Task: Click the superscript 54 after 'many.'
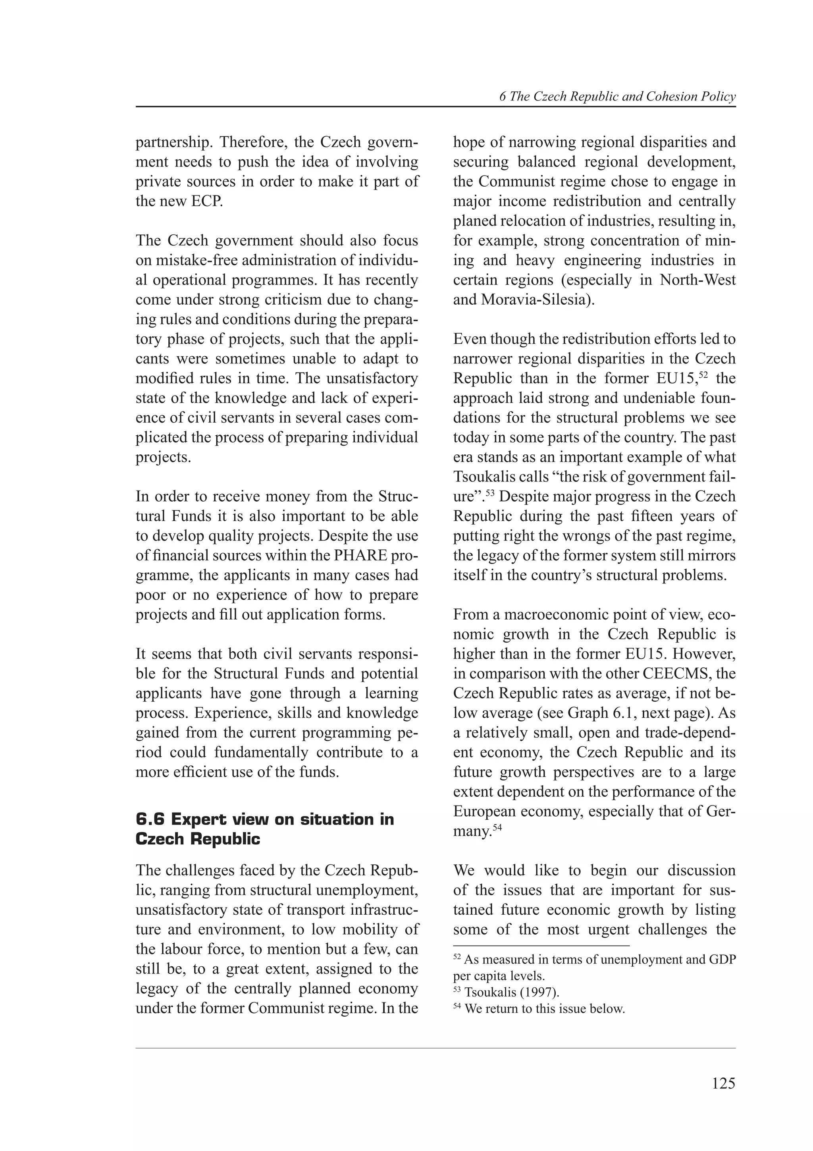tap(497, 828)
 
